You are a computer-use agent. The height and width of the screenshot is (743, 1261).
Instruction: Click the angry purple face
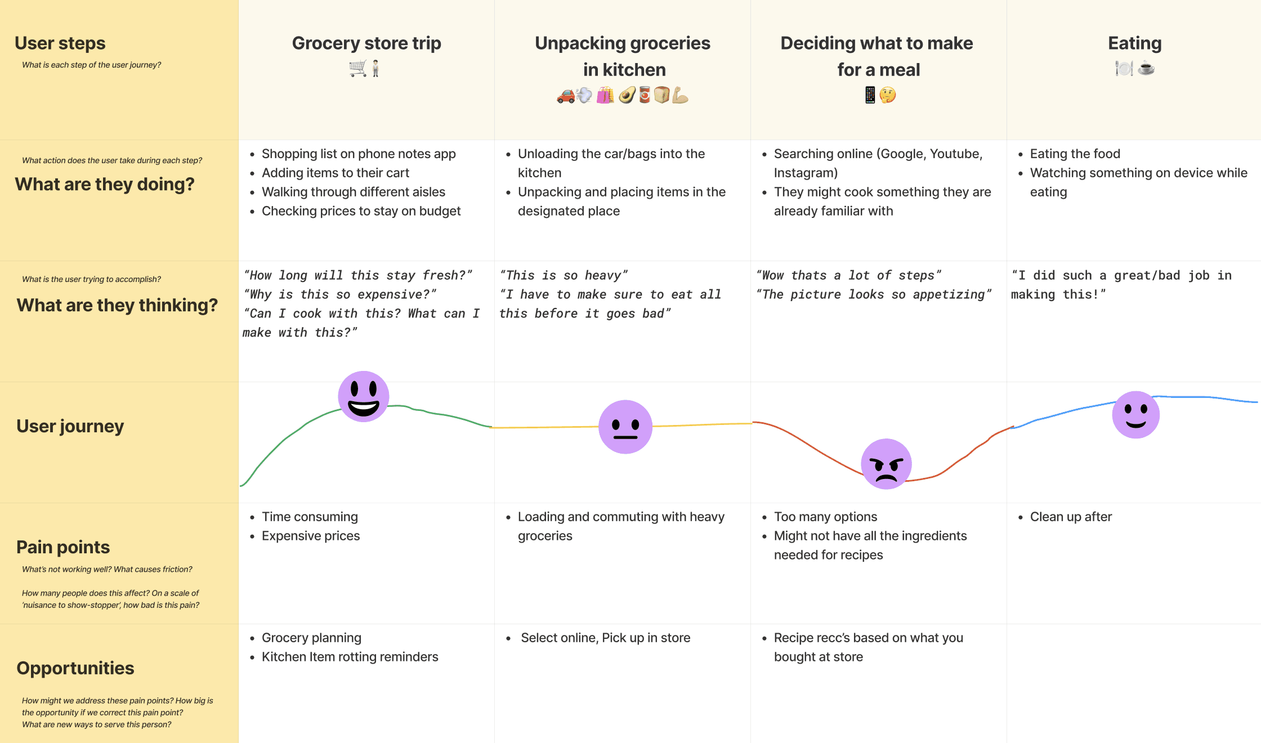click(x=886, y=464)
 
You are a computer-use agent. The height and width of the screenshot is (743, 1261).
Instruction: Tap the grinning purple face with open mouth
click(x=364, y=396)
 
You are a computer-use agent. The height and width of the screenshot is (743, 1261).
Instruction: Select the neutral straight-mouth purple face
click(x=625, y=427)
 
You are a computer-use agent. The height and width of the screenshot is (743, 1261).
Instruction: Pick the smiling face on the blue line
click(x=1135, y=415)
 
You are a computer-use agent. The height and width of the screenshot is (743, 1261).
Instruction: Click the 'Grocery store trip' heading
click(x=366, y=43)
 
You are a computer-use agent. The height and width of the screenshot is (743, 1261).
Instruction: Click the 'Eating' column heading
click(x=1134, y=43)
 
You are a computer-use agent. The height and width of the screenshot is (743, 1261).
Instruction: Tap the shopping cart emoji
click(x=357, y=69)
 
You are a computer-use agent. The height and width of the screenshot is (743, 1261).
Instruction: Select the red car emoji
click(x=566, y=96)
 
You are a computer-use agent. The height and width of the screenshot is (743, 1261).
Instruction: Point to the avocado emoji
click(x=627, y=96)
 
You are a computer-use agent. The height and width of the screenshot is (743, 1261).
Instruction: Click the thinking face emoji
click(x=888, y=95)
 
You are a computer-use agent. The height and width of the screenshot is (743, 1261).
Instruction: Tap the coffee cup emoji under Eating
click(x=1146, y=69)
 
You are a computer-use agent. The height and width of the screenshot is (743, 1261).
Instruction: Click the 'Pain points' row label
click(x=63, y=547)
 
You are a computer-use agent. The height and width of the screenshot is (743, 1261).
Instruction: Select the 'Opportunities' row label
click(x=75, y=668)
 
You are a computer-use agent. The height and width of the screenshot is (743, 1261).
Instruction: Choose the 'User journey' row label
click(x=70, y=426)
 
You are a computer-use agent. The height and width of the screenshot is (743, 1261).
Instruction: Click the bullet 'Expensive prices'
click(x=310, y=536)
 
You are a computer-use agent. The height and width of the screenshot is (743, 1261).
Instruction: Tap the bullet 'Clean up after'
click(x=1070, y=517)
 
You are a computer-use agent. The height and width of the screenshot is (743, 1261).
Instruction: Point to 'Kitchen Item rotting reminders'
click(x=350, y=657)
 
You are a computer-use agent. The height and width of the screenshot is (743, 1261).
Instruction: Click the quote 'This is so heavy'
click(x=564, y=275)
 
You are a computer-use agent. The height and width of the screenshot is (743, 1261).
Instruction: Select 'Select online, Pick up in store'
click(x=605, y=638)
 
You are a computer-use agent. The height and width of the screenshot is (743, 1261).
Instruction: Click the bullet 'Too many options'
click(x=825, y=517)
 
